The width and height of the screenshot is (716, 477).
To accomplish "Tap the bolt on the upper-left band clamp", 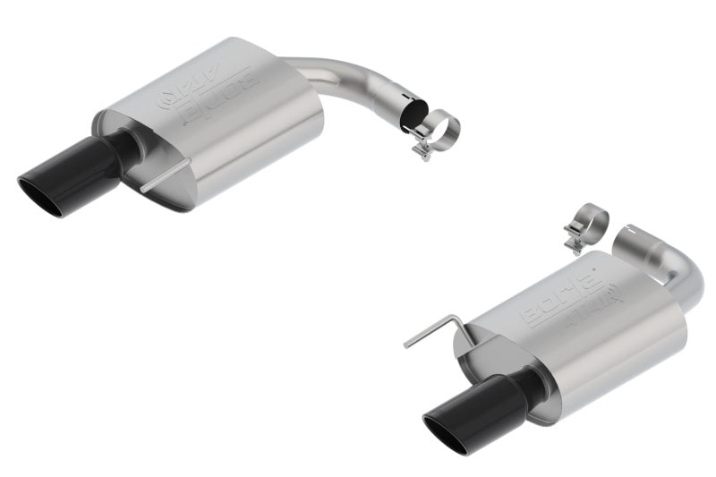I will pos(421,149).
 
